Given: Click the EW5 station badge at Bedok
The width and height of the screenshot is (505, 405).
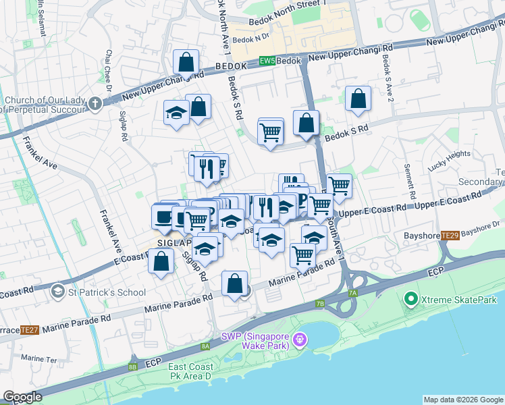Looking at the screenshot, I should point(267,61).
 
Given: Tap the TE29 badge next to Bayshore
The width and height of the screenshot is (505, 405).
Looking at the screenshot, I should point(450,236).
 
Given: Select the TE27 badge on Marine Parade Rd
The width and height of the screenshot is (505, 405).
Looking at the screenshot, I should point(28,329).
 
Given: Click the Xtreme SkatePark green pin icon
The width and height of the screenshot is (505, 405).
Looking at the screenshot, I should point(409,298).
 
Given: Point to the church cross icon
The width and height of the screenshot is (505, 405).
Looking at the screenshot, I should point(95,104).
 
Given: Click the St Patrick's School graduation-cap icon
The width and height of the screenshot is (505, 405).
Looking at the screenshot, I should point(58,292).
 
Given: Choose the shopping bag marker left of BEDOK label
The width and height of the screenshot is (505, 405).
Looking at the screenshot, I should point(185,63).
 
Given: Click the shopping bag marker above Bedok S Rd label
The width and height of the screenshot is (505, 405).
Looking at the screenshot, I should point(358,99).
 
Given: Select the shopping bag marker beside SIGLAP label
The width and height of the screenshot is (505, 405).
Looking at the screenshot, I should point(161,262).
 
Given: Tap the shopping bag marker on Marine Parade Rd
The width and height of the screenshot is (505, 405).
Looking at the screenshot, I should point(234,284).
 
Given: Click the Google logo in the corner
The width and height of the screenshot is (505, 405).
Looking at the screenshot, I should point(22,397).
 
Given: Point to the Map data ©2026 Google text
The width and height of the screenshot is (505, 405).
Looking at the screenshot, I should point(462,400).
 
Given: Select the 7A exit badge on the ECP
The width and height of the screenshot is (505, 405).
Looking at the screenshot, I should point(352,293).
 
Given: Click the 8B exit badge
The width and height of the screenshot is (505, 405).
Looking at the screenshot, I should point(132,367).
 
